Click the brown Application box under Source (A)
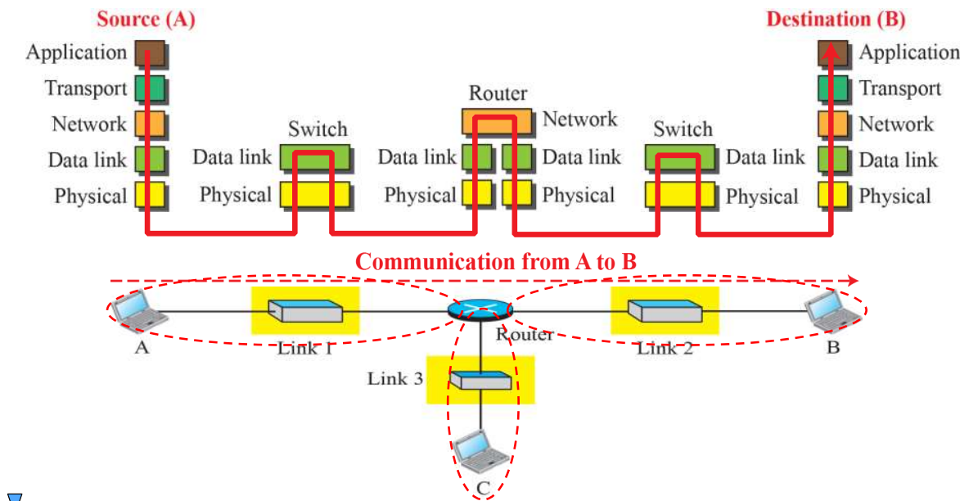(150, 53)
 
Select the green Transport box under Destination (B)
(832, 88)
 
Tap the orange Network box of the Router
(496, 121)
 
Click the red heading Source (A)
(146, 19)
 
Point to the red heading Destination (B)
(836, 19)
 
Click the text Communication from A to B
(496, 262)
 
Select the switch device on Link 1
(305, 311)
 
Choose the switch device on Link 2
(665, 310)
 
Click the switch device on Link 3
(481, 381)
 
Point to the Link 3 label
(394, 378)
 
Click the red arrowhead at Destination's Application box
(832, 51)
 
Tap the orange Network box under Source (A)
(150, 124)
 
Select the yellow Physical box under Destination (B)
(832, 196)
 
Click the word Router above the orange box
(498, 93)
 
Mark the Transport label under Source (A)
(86, 88)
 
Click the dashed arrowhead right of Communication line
(853, 279)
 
